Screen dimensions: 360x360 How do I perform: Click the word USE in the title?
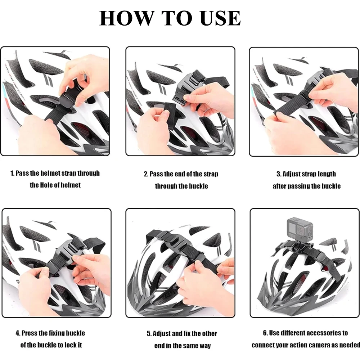tap(220, 18)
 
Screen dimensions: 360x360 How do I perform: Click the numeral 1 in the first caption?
tap(12, 174)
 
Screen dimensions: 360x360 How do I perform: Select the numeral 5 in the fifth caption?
tap(149, 334)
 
